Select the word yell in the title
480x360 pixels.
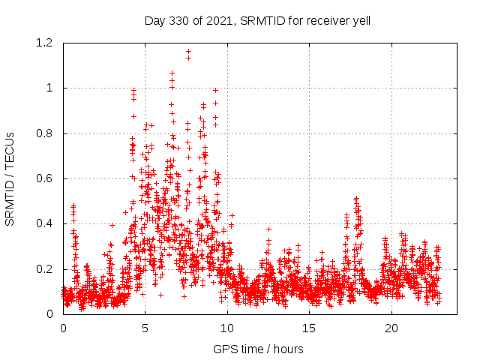pyautogui.click(x=360, y=20)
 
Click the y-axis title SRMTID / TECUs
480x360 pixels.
pyautogui.click(x=10, y=178)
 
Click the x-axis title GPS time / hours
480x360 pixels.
pyautogui.click(x=258, y=349)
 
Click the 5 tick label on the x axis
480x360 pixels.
pyautogui.click(x=145, y=328)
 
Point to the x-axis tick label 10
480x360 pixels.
pyautogui.click(x=227, y=328)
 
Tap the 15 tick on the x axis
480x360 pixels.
pyautogui.click(x=310, y=328)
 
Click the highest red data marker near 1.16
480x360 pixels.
pyautogui.click(x=188, y=52)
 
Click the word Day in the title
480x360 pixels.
pyautogui.click(x=154, y=20)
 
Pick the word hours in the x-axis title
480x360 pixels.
pyautogui.click(x=288, y=349)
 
